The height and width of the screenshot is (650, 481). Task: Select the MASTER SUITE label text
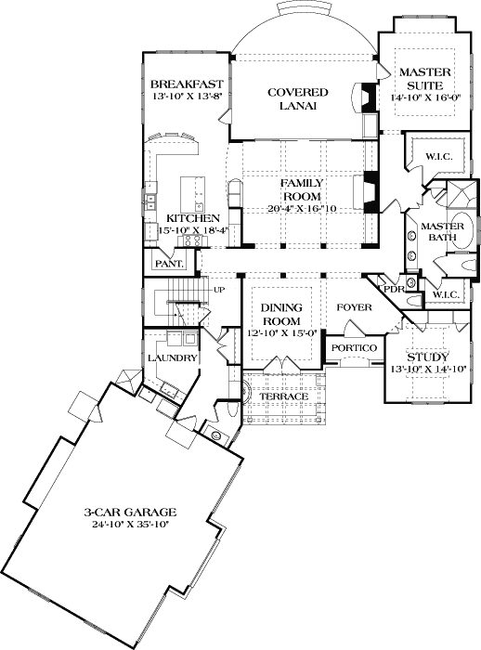coord(424,80)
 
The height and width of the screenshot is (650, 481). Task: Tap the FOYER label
coord(355,306)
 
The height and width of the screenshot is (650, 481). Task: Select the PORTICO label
coord(355,347)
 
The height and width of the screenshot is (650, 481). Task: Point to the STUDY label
coord(427,357)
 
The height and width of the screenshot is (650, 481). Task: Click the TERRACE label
coord(283,396)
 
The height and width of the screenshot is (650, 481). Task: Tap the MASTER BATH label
coord(442,233)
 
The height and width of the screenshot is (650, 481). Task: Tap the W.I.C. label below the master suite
coord(438,156)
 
